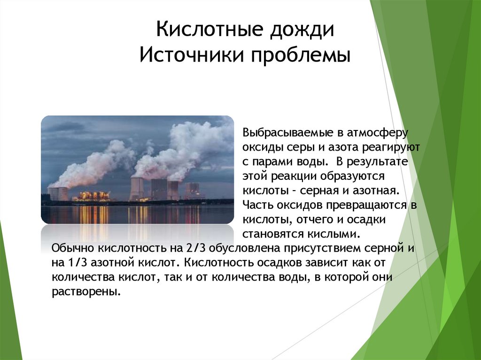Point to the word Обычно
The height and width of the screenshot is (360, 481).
pos(71,248)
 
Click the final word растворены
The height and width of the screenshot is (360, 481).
pos(86,292)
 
